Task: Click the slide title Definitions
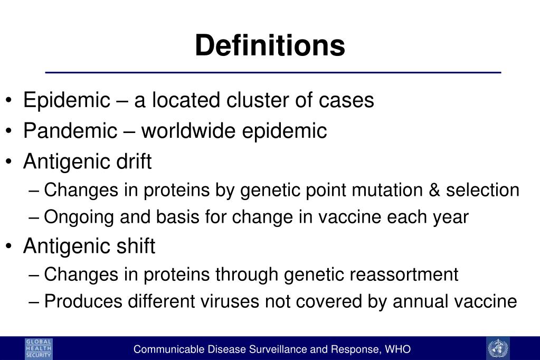coord(270,45)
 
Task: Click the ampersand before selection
coord(435,190)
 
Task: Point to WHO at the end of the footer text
coord(399,349)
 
